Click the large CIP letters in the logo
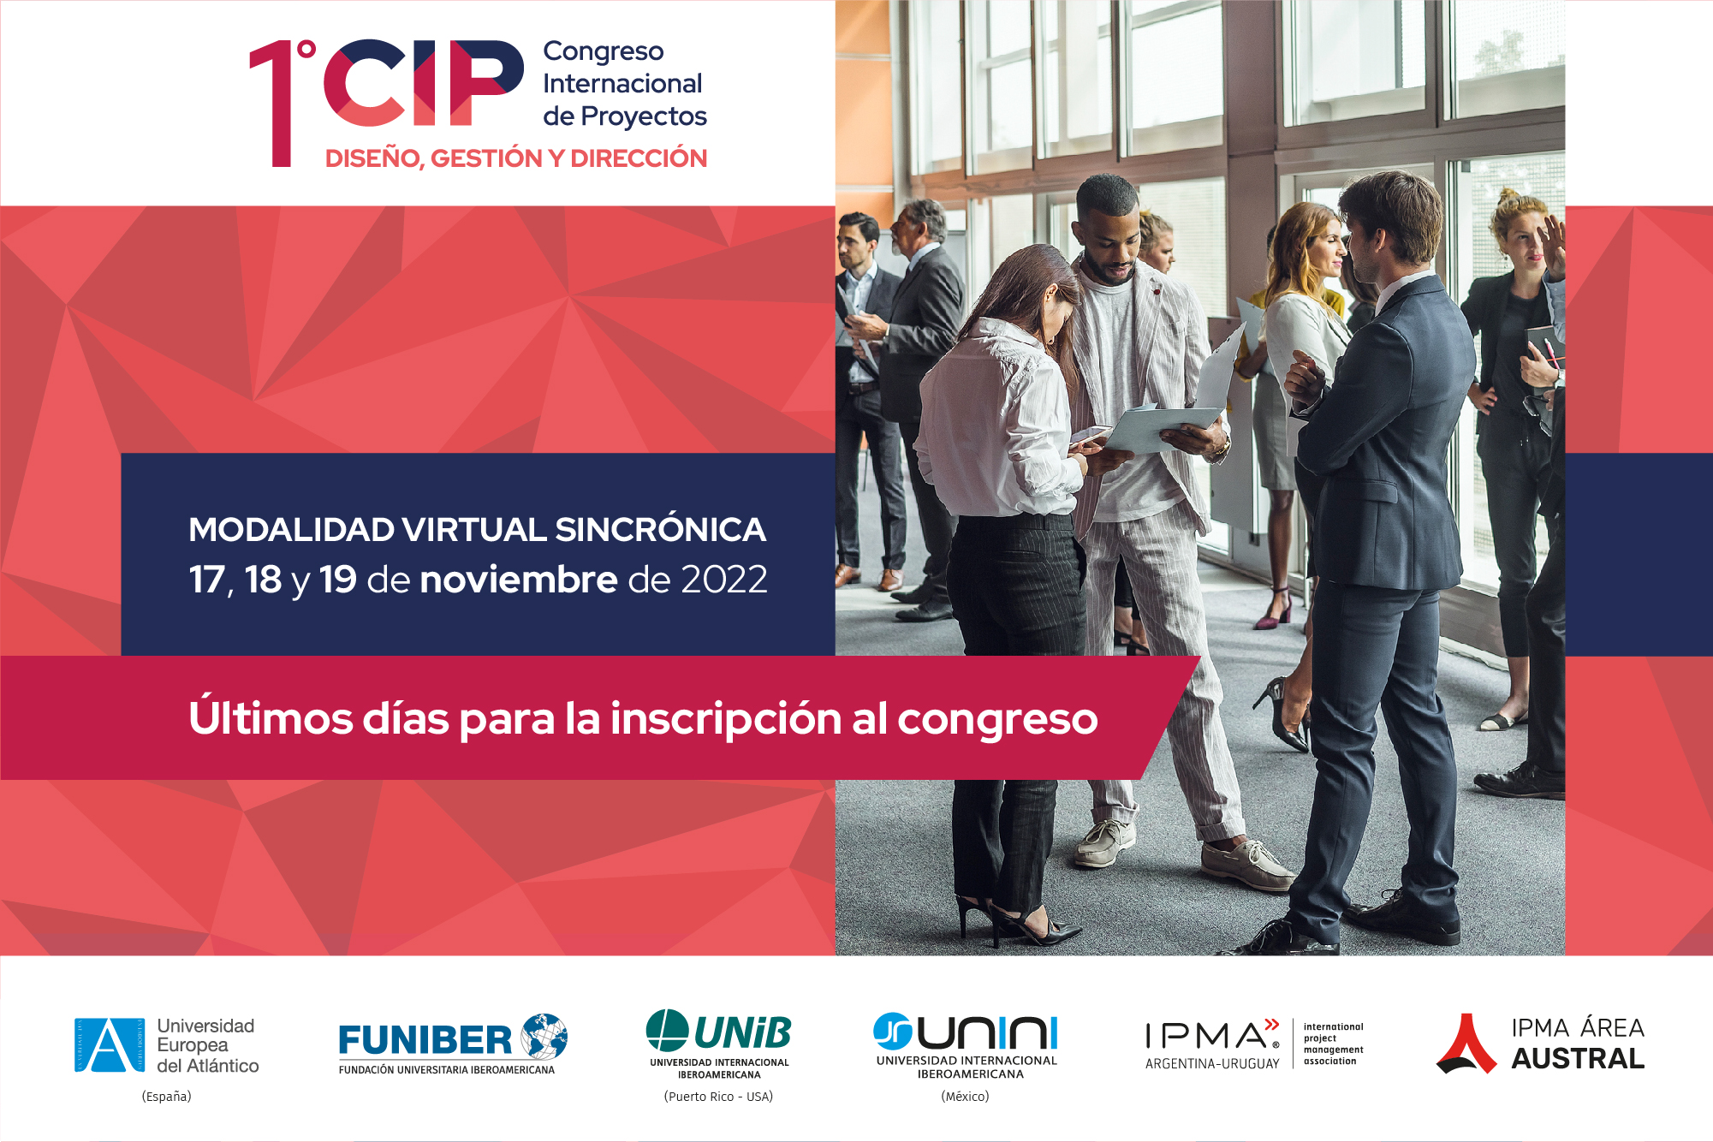423,83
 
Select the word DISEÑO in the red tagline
373,158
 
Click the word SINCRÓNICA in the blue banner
660,530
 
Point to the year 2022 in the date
724,580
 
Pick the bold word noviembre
519,580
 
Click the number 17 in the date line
207,580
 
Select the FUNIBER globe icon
544,1036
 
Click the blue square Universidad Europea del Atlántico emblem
110,1045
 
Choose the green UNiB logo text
742,1033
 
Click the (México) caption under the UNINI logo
965,1097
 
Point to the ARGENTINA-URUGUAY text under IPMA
1212,1064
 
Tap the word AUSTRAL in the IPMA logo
1578,1060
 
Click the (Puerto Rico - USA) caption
718,1097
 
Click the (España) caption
166,1097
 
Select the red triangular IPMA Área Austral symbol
1466,1044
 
